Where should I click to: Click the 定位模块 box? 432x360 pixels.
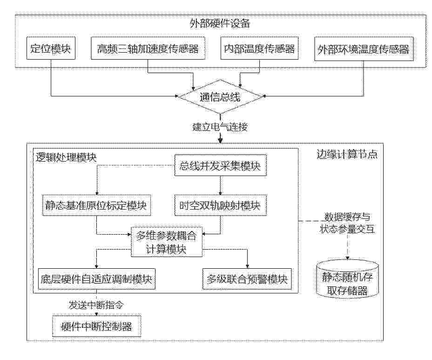click(x=51, y=48)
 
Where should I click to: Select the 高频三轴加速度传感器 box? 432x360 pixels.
click(x=148, y=48)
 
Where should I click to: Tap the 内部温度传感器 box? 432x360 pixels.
click(x=259, y=48)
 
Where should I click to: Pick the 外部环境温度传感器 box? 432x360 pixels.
click(x=364, y=49)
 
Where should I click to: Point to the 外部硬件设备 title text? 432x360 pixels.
click(x=220, y=24)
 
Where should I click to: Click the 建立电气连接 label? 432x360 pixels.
click(x=220, y=127)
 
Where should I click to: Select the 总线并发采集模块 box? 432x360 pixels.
click(x=220, y=165)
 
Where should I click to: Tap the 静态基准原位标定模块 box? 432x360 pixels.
click(x=96, y=205)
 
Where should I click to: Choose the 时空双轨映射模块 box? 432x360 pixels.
click(x=220, y=205)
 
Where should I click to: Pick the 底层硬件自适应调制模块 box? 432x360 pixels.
click(x=96, y=279)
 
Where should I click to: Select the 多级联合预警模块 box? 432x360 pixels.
click(x=247, y=279)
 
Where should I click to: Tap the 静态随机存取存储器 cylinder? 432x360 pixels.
click(x=347, y=278)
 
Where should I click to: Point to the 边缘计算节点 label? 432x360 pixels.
click(x=347, y=155)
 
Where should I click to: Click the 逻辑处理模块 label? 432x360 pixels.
click(x=67, y=157)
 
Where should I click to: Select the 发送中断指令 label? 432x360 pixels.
click(x=96, y=305)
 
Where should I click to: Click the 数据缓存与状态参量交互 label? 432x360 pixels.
click(x=347, y=223)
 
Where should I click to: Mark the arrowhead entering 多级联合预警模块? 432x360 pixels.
click(x=247, y=266)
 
